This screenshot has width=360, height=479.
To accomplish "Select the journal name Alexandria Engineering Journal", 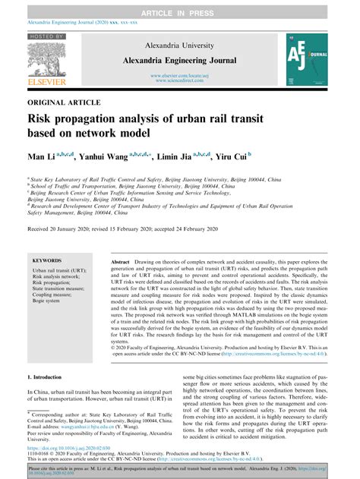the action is (179, 59).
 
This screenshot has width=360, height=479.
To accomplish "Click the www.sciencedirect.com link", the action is (179, 80).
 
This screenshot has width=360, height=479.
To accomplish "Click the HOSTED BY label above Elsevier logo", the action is (46, 36).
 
